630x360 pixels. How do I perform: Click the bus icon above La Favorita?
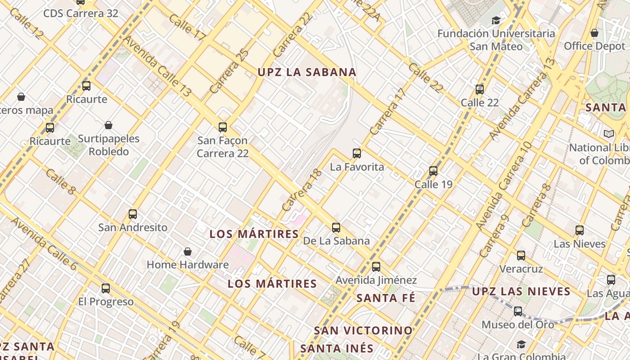[x=357, y=153]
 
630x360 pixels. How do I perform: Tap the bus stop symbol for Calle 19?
[x=433, y=171]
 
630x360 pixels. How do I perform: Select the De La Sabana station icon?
[x=336, y=228]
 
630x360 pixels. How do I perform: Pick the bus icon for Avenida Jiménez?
[x=376, y=267]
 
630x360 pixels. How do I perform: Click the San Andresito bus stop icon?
[x=133, y=214]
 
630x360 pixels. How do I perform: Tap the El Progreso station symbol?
[x=106, y=288]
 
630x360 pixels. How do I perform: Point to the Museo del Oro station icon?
[x=518, y=311]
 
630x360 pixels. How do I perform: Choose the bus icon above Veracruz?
[x=521, y=256]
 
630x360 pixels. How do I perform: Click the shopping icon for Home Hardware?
[x=188, y=252]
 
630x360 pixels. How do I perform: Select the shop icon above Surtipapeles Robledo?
[x=108, y=125]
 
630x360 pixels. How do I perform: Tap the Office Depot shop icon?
[x=594, y=33]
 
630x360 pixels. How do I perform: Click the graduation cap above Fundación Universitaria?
[x=496, y=20]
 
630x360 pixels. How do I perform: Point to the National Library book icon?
[x=609, y=134]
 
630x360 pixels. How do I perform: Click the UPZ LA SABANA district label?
[x=307, y=72]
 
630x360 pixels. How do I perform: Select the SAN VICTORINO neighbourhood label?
[x=363, y=330]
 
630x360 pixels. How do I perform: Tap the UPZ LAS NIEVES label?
[x=521, y=292]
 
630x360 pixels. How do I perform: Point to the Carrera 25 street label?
[x=229, y=71]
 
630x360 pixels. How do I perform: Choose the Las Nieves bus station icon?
[x=580, y=230]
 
